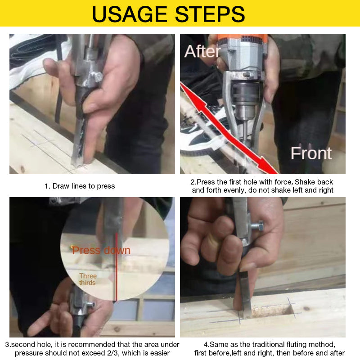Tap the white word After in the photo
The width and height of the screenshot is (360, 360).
(202, 52)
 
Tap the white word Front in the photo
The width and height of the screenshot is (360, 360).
(311, 153)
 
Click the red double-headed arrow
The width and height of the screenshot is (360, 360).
(229, 130)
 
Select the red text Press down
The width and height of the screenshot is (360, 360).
(101, 250)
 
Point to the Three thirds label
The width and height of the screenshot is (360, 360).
(88, 279)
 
